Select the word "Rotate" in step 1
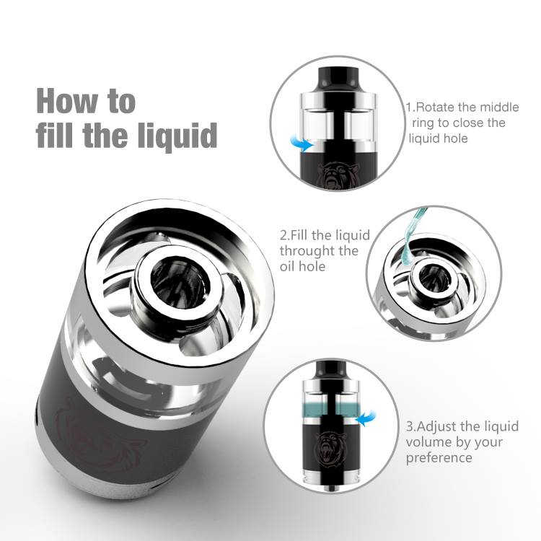(435, 107)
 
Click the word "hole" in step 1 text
(456, 138)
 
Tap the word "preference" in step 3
(439, 459)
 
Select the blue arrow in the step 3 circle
(366, 418)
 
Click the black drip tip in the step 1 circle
(338, 77)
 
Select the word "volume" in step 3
(427, 443)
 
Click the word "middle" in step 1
(500, 107)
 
